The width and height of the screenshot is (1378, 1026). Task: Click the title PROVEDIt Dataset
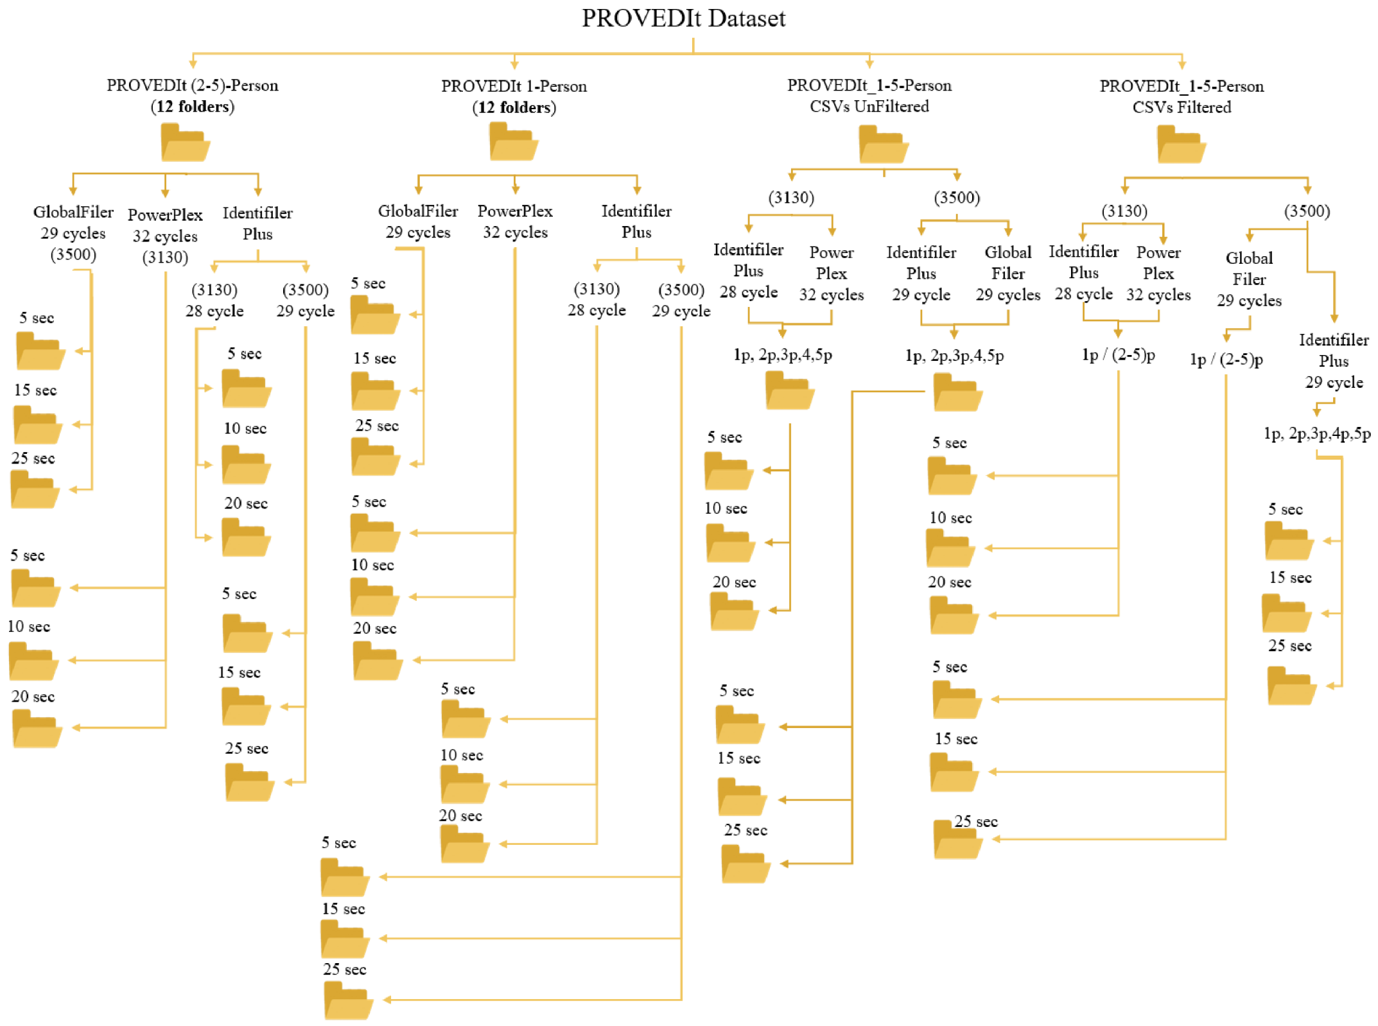point(683,18)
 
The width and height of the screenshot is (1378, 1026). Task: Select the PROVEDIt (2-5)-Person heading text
point(192,85)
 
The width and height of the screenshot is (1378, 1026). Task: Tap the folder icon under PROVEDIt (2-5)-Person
point(185,143)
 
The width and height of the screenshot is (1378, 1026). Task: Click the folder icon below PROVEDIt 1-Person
point(513,142)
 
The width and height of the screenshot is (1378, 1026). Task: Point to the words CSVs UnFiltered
point(869,107)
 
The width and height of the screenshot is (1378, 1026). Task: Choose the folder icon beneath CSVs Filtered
point(1181,145)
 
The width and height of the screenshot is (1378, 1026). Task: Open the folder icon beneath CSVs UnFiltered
point(883,145)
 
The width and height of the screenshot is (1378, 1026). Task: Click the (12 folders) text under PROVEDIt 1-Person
point(514,107)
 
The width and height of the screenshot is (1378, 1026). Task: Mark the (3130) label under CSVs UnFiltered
point(791,198)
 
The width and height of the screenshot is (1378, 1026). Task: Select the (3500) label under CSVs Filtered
point(1306,211)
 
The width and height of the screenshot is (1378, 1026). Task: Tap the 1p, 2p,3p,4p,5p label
point(1316,434)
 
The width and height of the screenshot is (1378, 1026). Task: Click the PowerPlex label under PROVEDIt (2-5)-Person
point(165,215)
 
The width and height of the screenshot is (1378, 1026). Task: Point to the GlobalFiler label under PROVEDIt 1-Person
point(418,211)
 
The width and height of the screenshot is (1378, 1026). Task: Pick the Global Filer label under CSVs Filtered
point(1248,268)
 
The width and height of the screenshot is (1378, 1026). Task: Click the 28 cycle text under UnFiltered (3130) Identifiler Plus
point(748,292)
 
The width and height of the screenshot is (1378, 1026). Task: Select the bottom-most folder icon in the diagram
point(349,1001)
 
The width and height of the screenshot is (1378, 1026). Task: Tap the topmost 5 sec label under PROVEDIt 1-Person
point(368,283)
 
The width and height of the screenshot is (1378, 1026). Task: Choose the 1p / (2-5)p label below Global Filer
point(1226,360)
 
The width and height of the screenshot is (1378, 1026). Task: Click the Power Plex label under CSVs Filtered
point(1158,263)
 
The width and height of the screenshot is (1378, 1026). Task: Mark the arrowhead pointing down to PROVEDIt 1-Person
point(514,65)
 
